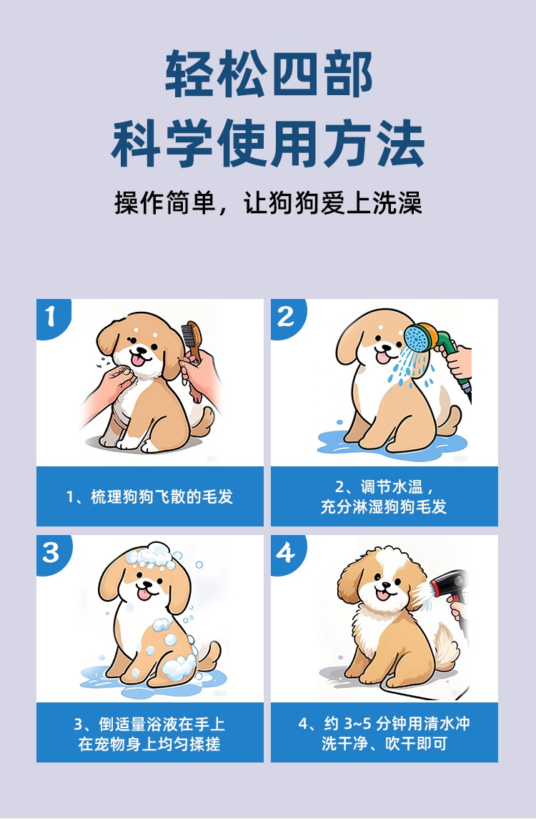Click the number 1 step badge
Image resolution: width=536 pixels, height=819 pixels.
(x=51, y=317)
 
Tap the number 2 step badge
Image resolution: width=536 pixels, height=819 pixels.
(x=286, y=317)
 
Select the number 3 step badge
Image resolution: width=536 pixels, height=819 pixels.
(x=51, y=553)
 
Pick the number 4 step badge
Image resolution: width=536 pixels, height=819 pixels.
(x=286, y=553)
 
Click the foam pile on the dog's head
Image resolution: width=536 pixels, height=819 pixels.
(x=150, y=556)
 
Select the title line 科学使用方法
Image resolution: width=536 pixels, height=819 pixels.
(x=268, y=143)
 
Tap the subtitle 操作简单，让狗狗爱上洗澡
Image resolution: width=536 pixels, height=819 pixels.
(x=268, y=202)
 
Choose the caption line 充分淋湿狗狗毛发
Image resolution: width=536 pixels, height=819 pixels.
(x=384, y=506)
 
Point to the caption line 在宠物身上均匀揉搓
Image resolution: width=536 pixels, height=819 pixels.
(x=149, y=743)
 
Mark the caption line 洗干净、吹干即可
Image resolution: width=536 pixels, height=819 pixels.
(x=384, y=742)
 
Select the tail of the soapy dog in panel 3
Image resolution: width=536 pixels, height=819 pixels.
(x=209, y=655)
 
